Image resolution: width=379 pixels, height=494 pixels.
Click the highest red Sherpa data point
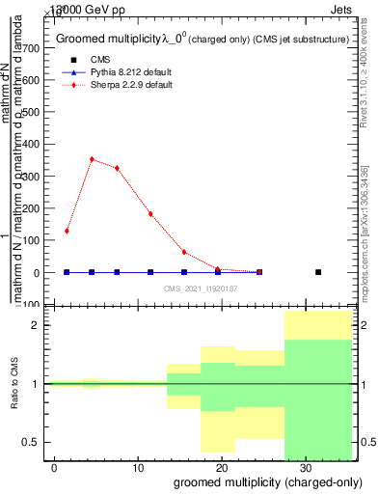click(92, 159)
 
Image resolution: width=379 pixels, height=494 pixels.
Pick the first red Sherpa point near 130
click(67, 231)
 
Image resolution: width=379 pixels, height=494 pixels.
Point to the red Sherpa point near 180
click(150, 214)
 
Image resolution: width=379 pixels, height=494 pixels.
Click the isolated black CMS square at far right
click(318, 272)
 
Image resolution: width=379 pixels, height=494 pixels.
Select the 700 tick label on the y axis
click(31, 47)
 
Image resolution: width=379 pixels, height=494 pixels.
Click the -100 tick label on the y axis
click(29, 305)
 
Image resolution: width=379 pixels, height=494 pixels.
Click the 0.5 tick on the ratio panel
click(33, 442)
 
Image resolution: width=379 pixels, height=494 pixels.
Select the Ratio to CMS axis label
click(14, 384)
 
